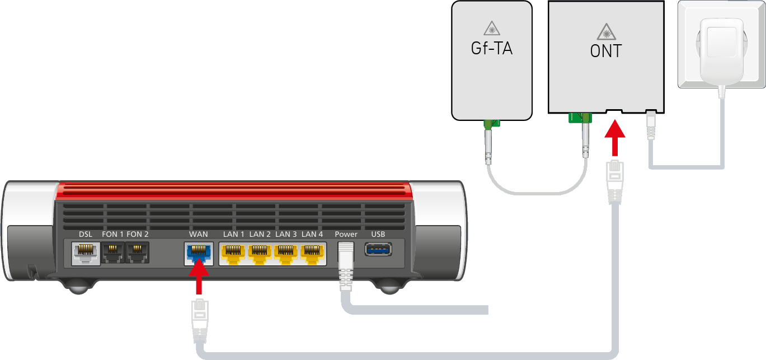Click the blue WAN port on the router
197,253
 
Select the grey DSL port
85,253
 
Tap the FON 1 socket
112,253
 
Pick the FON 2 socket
137,253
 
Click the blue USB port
378,249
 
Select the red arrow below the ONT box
615,139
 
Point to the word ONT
605,52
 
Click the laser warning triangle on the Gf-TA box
491,28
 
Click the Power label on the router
346,234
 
